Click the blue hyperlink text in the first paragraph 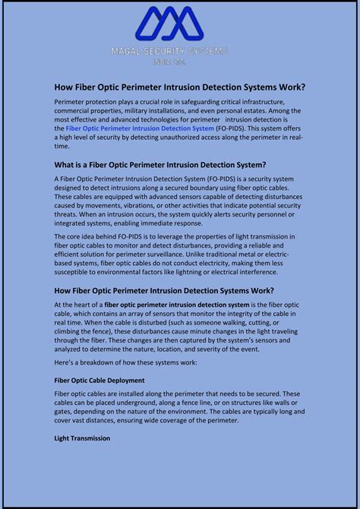coord(140,128)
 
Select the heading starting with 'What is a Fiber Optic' coord(159,164)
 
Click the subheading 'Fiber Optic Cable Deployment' coord(99,380)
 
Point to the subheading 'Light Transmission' coord(82,438)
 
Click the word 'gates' coord(65,412)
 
